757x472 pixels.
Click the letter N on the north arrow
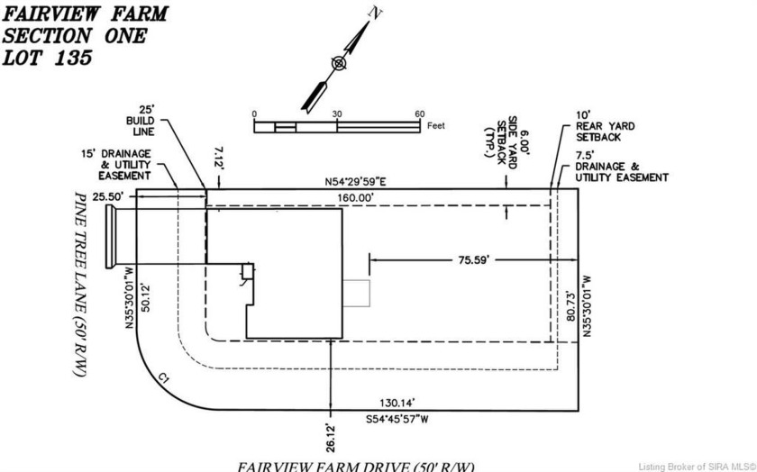(x=375, y=13)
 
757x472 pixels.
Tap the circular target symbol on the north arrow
(x=339, y=63)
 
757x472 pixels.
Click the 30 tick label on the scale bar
(x=336, y=114)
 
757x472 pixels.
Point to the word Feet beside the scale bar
(x=436, y=125)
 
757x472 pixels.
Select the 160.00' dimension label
(x=356, y=197)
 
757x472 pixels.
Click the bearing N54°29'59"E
(x=355, y=182)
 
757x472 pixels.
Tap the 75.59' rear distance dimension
(x=474, y=260)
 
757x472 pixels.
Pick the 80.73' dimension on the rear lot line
(x=571, y=306)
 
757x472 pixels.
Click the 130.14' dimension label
(x=397, y=403)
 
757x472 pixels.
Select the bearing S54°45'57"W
(x=397, y=420)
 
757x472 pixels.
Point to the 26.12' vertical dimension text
(x=331, y=438)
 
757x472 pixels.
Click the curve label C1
(x=164, y=378)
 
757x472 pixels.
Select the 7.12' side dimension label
(x=219, y=159)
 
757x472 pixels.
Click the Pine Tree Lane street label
(x=79, y=284)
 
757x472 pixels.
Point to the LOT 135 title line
(x=47, y=58)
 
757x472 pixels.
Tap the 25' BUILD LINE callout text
(x=141, y=121)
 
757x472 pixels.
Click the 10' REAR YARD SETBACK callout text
(x=605, y=126)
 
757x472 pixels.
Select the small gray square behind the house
(x=356, y=293)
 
